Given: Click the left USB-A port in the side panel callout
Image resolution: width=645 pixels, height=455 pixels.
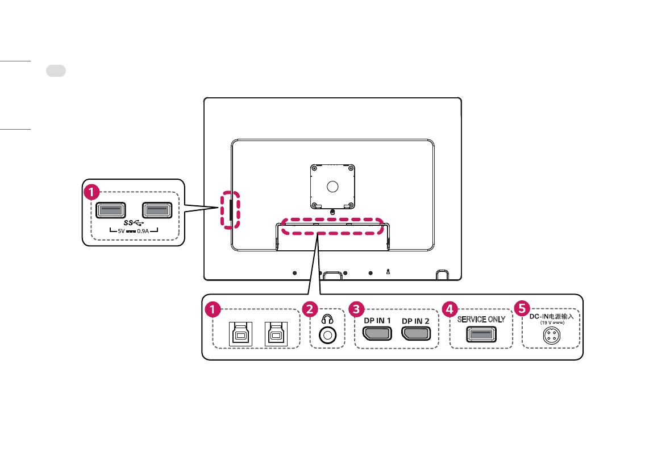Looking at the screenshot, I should [110, 210].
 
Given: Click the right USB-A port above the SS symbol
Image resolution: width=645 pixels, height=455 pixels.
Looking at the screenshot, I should [157, 210].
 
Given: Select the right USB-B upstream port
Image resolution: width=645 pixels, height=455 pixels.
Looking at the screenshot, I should [276, 335].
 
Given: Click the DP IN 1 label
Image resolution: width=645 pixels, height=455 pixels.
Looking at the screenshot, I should [377, 321].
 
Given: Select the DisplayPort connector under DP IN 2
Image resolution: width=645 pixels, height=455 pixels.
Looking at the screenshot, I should [416, 333].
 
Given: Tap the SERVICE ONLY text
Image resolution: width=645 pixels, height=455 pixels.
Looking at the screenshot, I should [481, 320].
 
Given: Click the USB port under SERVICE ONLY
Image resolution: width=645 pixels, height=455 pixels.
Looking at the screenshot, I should [481, 335].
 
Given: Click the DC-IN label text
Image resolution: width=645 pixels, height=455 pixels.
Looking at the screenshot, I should [551, 316].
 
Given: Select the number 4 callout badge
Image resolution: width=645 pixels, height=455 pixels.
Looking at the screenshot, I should [449, 309].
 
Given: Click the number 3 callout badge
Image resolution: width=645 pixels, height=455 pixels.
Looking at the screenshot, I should [356, 309].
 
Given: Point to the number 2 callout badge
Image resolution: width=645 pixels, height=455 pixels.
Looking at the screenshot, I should [310, 309].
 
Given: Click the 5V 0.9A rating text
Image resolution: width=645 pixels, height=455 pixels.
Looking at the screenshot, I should [134, 231].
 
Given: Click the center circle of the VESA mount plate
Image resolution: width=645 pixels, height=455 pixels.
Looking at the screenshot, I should [333, 186].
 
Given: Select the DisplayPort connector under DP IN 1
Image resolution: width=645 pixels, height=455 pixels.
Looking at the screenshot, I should [377, 333].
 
